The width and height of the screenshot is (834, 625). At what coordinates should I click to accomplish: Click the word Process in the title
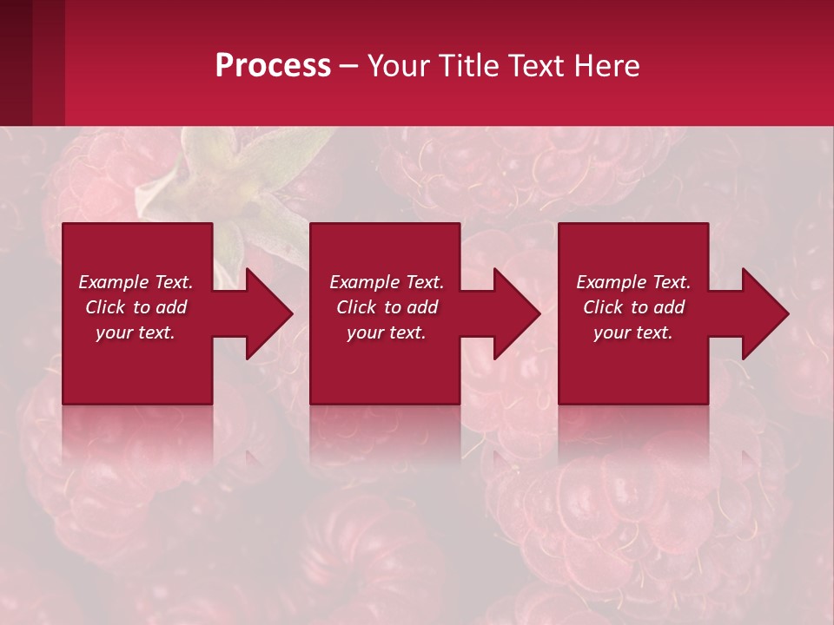[273, 66]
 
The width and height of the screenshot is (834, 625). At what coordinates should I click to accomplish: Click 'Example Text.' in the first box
[136, 282]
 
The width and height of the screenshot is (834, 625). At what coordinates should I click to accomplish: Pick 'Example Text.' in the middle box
[386, 282]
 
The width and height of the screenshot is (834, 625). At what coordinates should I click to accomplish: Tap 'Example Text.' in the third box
[633, 282]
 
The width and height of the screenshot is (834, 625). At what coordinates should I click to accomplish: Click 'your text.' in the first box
[136, 332]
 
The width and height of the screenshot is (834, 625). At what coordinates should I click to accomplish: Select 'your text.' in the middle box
[386, 332]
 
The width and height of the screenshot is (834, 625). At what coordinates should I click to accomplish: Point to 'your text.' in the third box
[633, 332]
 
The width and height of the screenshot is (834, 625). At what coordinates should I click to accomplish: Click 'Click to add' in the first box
[136, 307]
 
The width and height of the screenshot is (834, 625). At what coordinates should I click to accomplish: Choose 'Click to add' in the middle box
[386, 307]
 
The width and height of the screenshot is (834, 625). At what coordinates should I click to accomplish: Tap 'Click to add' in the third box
[633, 307]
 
